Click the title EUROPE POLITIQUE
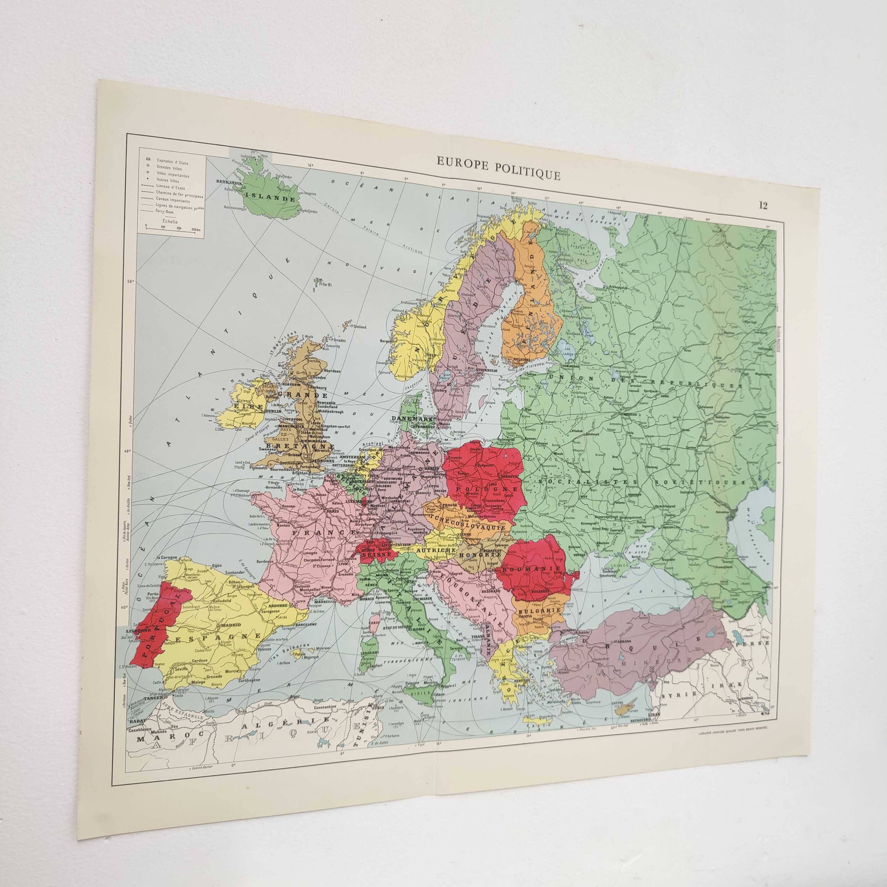click(x=498, y=172)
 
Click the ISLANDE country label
click(x=270, y=199)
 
